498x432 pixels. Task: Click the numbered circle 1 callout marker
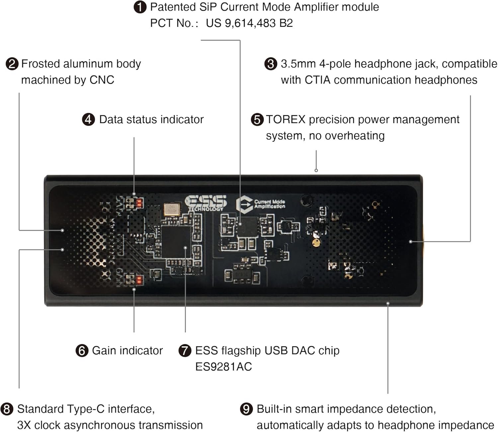[140, 7]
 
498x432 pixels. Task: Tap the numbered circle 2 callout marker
[12, 64]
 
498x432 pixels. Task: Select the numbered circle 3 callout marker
[271, 64]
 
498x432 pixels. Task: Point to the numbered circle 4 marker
[88, 120]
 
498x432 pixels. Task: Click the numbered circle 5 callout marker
[257, 120]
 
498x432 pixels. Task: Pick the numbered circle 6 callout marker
[82, 351]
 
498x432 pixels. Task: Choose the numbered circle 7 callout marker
[185, 351]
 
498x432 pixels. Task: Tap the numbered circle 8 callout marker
[7, 409]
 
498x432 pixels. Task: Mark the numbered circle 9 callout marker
[246, 409]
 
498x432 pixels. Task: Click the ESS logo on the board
[206, 203]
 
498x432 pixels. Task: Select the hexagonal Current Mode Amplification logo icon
[244, 205]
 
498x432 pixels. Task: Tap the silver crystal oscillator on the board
[172, 209]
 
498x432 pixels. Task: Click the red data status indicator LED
[139, 203]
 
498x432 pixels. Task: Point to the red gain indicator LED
[139, 280]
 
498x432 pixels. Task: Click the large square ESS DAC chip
[176, 241]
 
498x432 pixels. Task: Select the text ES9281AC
[223, 367]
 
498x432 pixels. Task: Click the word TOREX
[286, 120]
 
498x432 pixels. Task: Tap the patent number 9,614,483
[250, 23]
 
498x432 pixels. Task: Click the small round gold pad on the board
[316, 243]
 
